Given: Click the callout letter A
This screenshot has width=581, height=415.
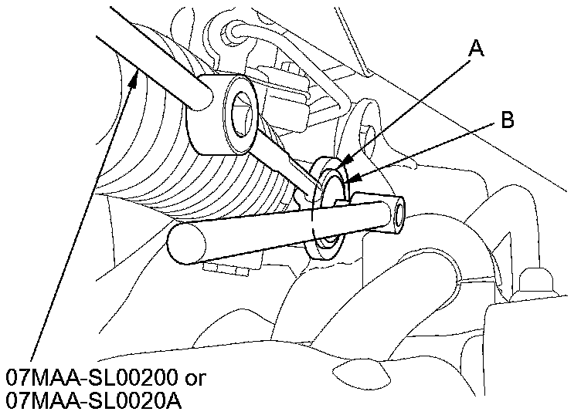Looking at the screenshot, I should pyautogui.click(x=477, y=50).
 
